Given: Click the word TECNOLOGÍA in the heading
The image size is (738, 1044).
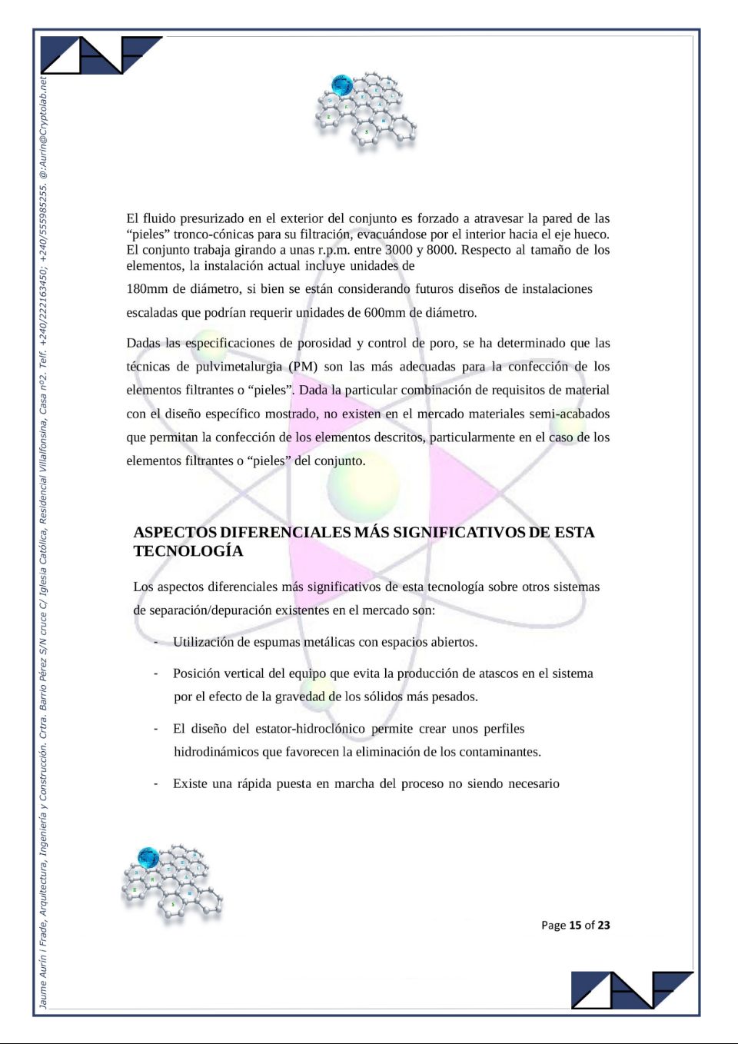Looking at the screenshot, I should pyautogui.click(x=188, y=551).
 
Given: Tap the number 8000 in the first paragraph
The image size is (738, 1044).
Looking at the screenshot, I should pyautogui.click(x=440, y=250).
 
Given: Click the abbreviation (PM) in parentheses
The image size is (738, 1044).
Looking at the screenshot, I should pyautogui.click(x=303, y=367).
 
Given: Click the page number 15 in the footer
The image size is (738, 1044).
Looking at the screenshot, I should pyautogui.click(x=575, y=926).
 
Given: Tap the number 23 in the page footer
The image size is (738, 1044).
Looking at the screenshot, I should pyautogui.click(x=603, y=926).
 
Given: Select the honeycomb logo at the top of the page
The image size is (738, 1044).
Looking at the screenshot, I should pyautogui.click(x=365, y=109).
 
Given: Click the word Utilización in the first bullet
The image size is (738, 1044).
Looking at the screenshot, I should pyautogui.click(x=204, y=643).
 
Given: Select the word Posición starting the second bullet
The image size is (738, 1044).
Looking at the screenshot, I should pyautogui.click(x=197, y=674).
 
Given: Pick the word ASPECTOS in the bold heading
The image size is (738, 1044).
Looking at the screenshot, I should pyautogui.click(x=175, y=533).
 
